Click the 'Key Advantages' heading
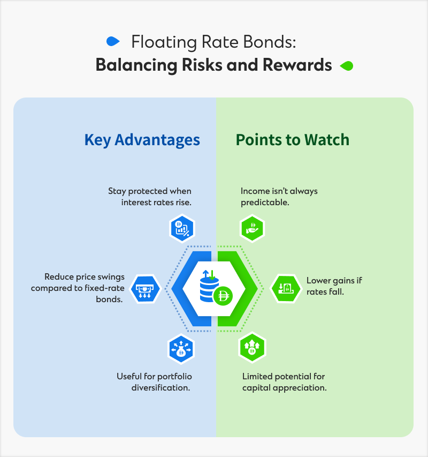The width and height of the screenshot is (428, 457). pyautogui.click(x=142, y=140)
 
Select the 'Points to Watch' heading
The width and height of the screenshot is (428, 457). pyautogui.click(x=292, y=140)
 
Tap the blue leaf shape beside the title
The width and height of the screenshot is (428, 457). pyautogui.click(x=112, y=41)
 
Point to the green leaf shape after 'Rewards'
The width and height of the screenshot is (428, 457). pyautogui.click(x=347, y=66)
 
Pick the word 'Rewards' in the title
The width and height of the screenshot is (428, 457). pyautogui.click(x=297, y=65)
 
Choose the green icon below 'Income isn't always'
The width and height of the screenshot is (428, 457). pyautogui.click(x=251, y=228)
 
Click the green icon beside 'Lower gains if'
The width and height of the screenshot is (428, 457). pyautogui.click(x=284, y=288)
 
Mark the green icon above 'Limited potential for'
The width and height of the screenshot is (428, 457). pyautogui.click(x=251, y=348)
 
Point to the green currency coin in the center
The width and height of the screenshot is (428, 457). pyautogui.click(x=222, y=295)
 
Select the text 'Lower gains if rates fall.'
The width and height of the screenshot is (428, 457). pyautogui.click(x=334, y=286)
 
